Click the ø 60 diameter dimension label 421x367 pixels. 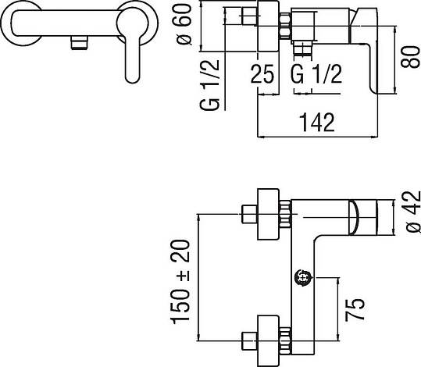coord(184,24)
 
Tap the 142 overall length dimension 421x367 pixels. coord(317,123)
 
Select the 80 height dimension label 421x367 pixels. coord(410,57)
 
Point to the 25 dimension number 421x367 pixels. coord(262,74)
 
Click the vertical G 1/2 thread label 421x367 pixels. coord(209,85)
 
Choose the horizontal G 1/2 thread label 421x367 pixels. coord(317,74)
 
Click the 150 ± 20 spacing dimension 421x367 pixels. coord(180,282)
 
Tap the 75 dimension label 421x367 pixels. coord(355,309)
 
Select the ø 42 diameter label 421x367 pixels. coord(412,212)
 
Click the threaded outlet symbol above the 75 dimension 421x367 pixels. coord(303,278)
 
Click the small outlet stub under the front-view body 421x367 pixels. coord(80,43)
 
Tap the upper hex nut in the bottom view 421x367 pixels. coord(285,214)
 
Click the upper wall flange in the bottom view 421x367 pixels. coord(268,214)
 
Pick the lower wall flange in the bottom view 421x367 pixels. coord(268,341)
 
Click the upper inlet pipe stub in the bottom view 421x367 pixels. coord(249,214)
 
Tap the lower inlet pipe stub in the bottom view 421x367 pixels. coord(249,341)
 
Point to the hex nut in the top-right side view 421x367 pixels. coord(285,26)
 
